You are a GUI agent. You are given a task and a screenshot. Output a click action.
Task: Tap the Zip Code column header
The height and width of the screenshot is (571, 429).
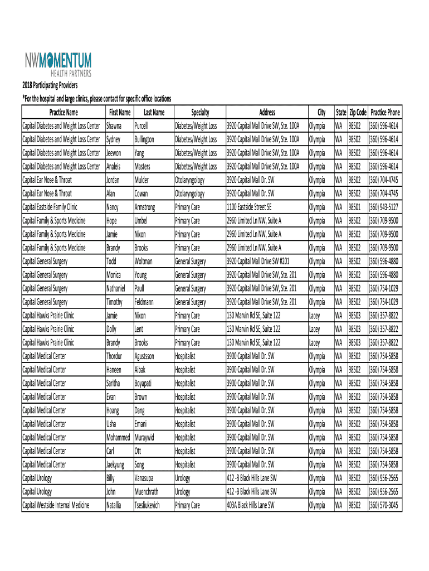pyautogui.click(x=357, y=113)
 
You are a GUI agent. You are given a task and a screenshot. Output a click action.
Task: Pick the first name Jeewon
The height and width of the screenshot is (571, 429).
pyautogui.click(x=115, y=153)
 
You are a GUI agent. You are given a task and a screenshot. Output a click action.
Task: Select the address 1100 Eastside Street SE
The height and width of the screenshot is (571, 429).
pyautogui.click(x=249, y=207)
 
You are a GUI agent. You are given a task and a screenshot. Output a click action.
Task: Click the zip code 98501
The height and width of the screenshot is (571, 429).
pyautogui.click(x=355, y=207)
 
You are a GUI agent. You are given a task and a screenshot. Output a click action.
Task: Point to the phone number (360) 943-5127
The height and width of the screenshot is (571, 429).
pyautogui.click(x=384, y=207)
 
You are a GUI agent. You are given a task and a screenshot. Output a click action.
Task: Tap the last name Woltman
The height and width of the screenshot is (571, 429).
pyautogui.click(x=144, y=262)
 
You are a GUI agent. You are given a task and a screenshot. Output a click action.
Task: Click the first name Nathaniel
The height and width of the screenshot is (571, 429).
pyautogui.click(x=118, y=288)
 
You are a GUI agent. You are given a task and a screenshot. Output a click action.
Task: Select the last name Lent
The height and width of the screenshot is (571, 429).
pyautogui.click(x=139, y=329)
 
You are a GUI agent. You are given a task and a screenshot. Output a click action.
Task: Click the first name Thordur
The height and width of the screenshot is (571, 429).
pyautogui.click(x=116, y=356)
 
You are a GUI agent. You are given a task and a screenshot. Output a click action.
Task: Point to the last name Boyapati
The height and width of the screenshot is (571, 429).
pyautogui.click(x=145, y=383)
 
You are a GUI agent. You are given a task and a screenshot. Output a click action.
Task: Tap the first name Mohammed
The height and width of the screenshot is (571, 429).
pyautogui.click(x=118, y=437)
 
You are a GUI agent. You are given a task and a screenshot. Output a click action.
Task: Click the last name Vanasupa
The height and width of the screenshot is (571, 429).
pyautogui.click(x=145, y=478)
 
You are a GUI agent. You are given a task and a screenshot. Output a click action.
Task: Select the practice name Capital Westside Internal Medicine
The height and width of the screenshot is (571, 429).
pyautogui.click(x=56, y=505)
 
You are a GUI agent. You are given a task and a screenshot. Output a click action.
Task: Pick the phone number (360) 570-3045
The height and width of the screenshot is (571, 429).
pyautogui.click(x=384, y=505)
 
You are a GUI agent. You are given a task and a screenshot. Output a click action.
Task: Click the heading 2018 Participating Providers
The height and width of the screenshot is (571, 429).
pyautogui.click(x=50, y=85)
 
